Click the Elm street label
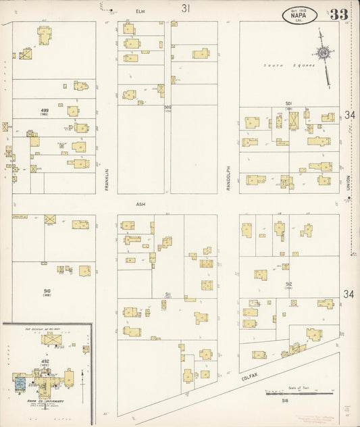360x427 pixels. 140,11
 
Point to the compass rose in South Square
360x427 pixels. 324,53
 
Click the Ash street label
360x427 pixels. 140,203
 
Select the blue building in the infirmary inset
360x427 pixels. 19,383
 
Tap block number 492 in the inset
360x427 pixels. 45,361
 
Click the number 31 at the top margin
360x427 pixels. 185,8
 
